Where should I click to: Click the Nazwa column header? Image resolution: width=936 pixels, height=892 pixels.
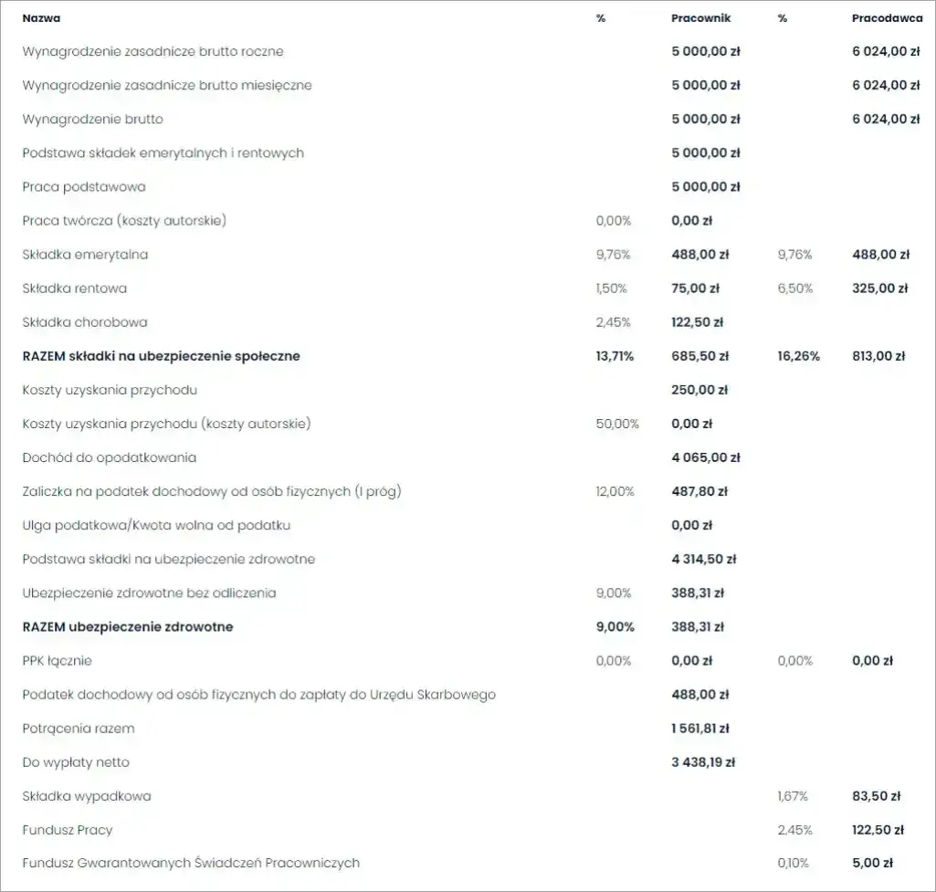pyautogui.click(x=42, y=18)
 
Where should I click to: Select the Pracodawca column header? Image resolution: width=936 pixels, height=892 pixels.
pyautogui.click(x=887, y=18)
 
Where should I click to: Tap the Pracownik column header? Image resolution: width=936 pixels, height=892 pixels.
pyautogui.click(x=700, y=18)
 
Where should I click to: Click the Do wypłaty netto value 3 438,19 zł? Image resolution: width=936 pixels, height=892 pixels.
pyautogui.click(x=703, y=762)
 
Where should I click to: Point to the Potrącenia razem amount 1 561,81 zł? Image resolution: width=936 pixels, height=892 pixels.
pyautogui.click(x=700, y=729)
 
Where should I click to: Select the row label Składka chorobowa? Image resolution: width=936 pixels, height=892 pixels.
pyautogui.click(x=85, y=322)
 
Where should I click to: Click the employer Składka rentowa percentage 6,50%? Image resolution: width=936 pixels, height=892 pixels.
pyautogui.click(x=794, y=289)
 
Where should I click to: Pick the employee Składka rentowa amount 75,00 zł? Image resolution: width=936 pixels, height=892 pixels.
pyautogui.click(x=695, y=289)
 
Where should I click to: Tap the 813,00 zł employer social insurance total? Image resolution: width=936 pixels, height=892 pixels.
pyautogui.click(x=878, y=356)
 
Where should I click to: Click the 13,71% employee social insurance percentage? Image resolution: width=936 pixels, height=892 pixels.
pyautogui.click(x=615, y=356)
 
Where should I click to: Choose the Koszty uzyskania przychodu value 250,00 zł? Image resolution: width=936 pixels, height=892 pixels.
pyautogui.click(x=699, y=390)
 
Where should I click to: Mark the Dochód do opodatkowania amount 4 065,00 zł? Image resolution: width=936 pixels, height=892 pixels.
pyautogui.click(x=705, y=457)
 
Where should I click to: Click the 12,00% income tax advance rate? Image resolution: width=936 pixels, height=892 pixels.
pyautogui.click(x=615, y=491)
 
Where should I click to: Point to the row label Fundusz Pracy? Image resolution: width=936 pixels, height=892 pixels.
pyautogui.click(x=68, y=830)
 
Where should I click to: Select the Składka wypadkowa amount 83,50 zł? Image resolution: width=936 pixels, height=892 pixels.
pyautogui.click(x=877, y=796)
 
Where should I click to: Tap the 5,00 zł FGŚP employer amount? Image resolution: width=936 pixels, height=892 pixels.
pyautogui.click(x=872, y=863)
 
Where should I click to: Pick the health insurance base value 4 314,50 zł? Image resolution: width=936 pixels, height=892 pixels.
pyautogui.click(x=703, y=559)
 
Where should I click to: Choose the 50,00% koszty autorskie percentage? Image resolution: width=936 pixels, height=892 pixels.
pyautogui.click(x=617, y=424)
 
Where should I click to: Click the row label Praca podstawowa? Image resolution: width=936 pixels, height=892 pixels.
pyautogui.click(x=84, y=187)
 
